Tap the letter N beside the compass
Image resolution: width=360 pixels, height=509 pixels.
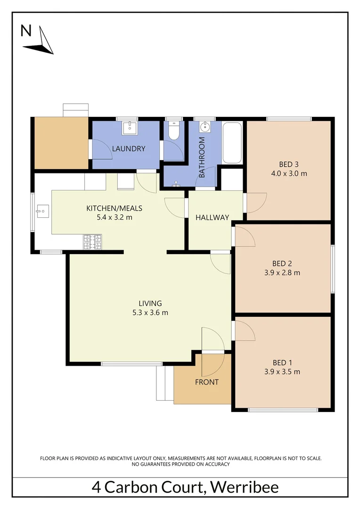tap(26, 31)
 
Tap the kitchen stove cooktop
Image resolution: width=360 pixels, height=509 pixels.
tap(92, 242)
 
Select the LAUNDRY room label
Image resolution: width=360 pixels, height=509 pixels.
tap(128, 149)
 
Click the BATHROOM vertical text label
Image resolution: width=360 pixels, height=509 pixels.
tap(202, 157)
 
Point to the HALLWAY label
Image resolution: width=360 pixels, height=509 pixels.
tap(212, 218)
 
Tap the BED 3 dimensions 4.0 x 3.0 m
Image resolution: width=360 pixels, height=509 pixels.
tap(289, 173)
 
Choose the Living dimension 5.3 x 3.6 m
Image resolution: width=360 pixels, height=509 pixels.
tap(150, 312)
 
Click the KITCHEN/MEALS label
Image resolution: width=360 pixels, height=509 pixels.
tap(114, 208)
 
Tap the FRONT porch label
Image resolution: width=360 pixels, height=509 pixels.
tap(206, 382)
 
